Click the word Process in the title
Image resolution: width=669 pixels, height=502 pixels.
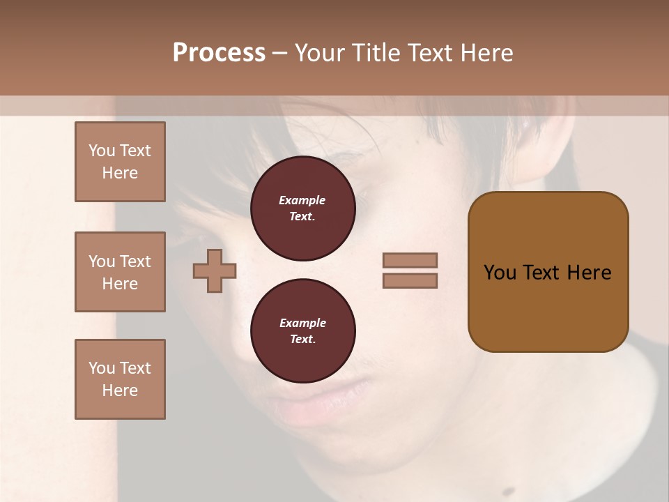(x=219, y=53)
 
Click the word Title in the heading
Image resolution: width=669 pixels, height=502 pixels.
(x=375, y=53)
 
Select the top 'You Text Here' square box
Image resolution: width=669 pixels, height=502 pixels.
(x=120, y=162)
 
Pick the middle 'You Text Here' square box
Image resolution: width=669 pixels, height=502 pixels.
(x=120, y=272)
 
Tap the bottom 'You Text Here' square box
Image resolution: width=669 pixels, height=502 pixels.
(x=120, y=379)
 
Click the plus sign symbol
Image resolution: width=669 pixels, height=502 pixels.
(x=215, y=271)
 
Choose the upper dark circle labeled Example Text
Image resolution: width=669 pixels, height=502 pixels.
(x=302, y=208)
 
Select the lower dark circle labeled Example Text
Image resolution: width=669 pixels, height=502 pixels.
(x=302, y=331)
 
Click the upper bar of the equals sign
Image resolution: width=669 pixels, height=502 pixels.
(x=410, y=260)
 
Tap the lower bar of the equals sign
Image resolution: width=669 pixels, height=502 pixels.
(x=410, y=280)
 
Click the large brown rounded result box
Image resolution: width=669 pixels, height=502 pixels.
(x=548, y=272)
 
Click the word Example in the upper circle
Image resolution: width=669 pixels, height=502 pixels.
(x=302, y=200)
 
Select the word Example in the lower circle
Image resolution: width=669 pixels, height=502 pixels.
(x=302, y=323)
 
